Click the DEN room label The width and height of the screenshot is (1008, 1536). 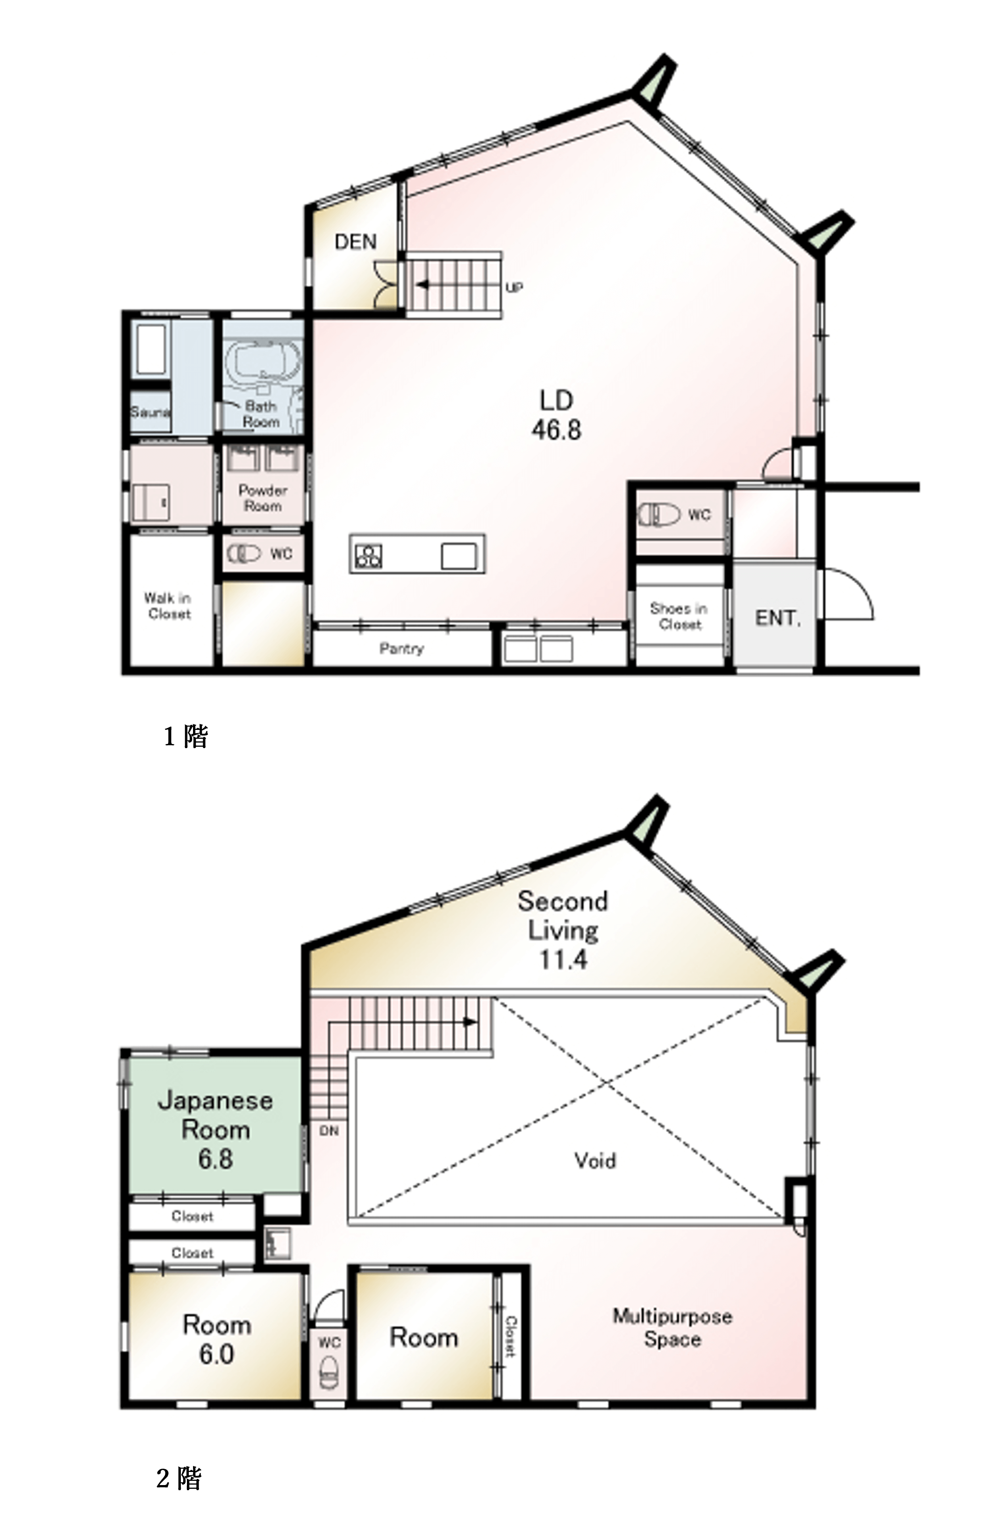pos(356,242)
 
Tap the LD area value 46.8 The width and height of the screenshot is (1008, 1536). pos(556,430)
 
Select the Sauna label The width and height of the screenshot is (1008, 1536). pos(150,412)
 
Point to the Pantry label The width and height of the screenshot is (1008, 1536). pos(401,648)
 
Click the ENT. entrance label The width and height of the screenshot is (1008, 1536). pos(778,618)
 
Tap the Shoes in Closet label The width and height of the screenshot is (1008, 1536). pos(679,616)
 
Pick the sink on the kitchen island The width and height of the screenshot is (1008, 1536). pos(459,557)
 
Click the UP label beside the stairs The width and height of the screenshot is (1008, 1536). pos(514,288)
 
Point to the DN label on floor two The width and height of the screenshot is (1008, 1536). pos(329,1131)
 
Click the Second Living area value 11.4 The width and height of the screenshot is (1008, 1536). pos(563,960)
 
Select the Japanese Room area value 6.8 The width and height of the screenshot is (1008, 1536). pos(215,1159)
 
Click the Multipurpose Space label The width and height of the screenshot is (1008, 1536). pos(672,1328)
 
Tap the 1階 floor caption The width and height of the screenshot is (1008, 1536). pos(186,736)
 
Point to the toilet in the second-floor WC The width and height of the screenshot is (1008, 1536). pos(329,1373)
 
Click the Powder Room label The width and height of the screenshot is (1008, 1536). pos(263,498)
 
